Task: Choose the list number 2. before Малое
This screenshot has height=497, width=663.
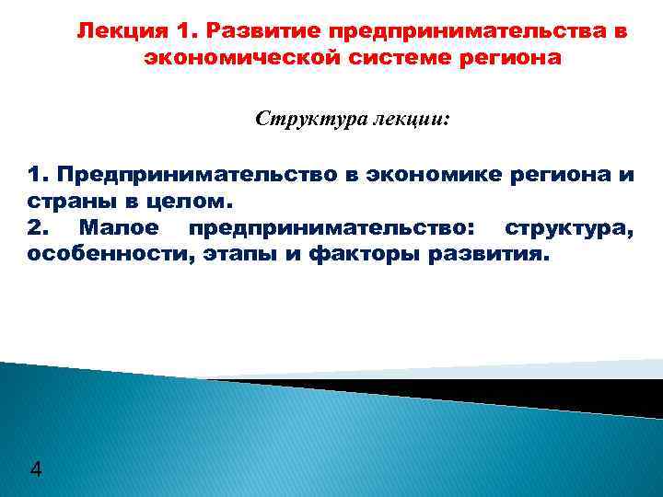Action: [39, 226]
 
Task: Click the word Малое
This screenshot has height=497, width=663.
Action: [118, 226]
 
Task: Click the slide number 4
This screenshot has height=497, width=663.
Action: [35, 470]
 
